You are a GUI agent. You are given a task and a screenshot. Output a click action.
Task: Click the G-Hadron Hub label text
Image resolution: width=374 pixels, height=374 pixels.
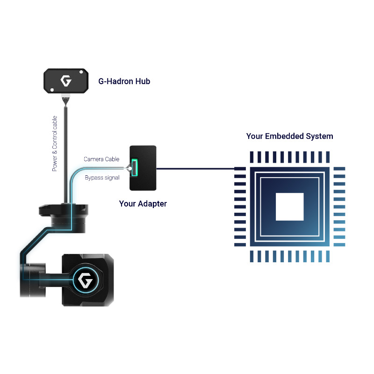124,81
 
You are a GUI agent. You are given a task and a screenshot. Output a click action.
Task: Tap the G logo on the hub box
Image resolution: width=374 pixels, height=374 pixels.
65,81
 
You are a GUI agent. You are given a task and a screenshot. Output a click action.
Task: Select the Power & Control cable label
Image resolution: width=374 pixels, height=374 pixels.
55,144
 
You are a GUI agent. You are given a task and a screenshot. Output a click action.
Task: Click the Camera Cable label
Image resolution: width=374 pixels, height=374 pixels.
101,159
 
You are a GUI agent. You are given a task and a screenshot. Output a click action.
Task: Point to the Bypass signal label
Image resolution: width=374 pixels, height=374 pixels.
102,178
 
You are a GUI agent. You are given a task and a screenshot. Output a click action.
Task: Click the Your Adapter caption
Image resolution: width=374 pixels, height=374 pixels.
143,204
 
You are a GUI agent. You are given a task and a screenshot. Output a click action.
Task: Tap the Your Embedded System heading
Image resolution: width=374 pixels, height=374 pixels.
290,137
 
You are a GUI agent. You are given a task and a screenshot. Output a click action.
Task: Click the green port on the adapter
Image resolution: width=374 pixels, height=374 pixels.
135,169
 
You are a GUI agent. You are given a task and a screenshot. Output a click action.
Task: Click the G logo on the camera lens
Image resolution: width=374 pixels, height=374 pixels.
86,281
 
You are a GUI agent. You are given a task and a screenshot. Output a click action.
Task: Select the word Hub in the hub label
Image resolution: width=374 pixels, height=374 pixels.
142,81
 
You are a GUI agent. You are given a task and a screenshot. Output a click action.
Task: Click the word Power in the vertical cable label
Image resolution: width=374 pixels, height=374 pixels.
55,163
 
